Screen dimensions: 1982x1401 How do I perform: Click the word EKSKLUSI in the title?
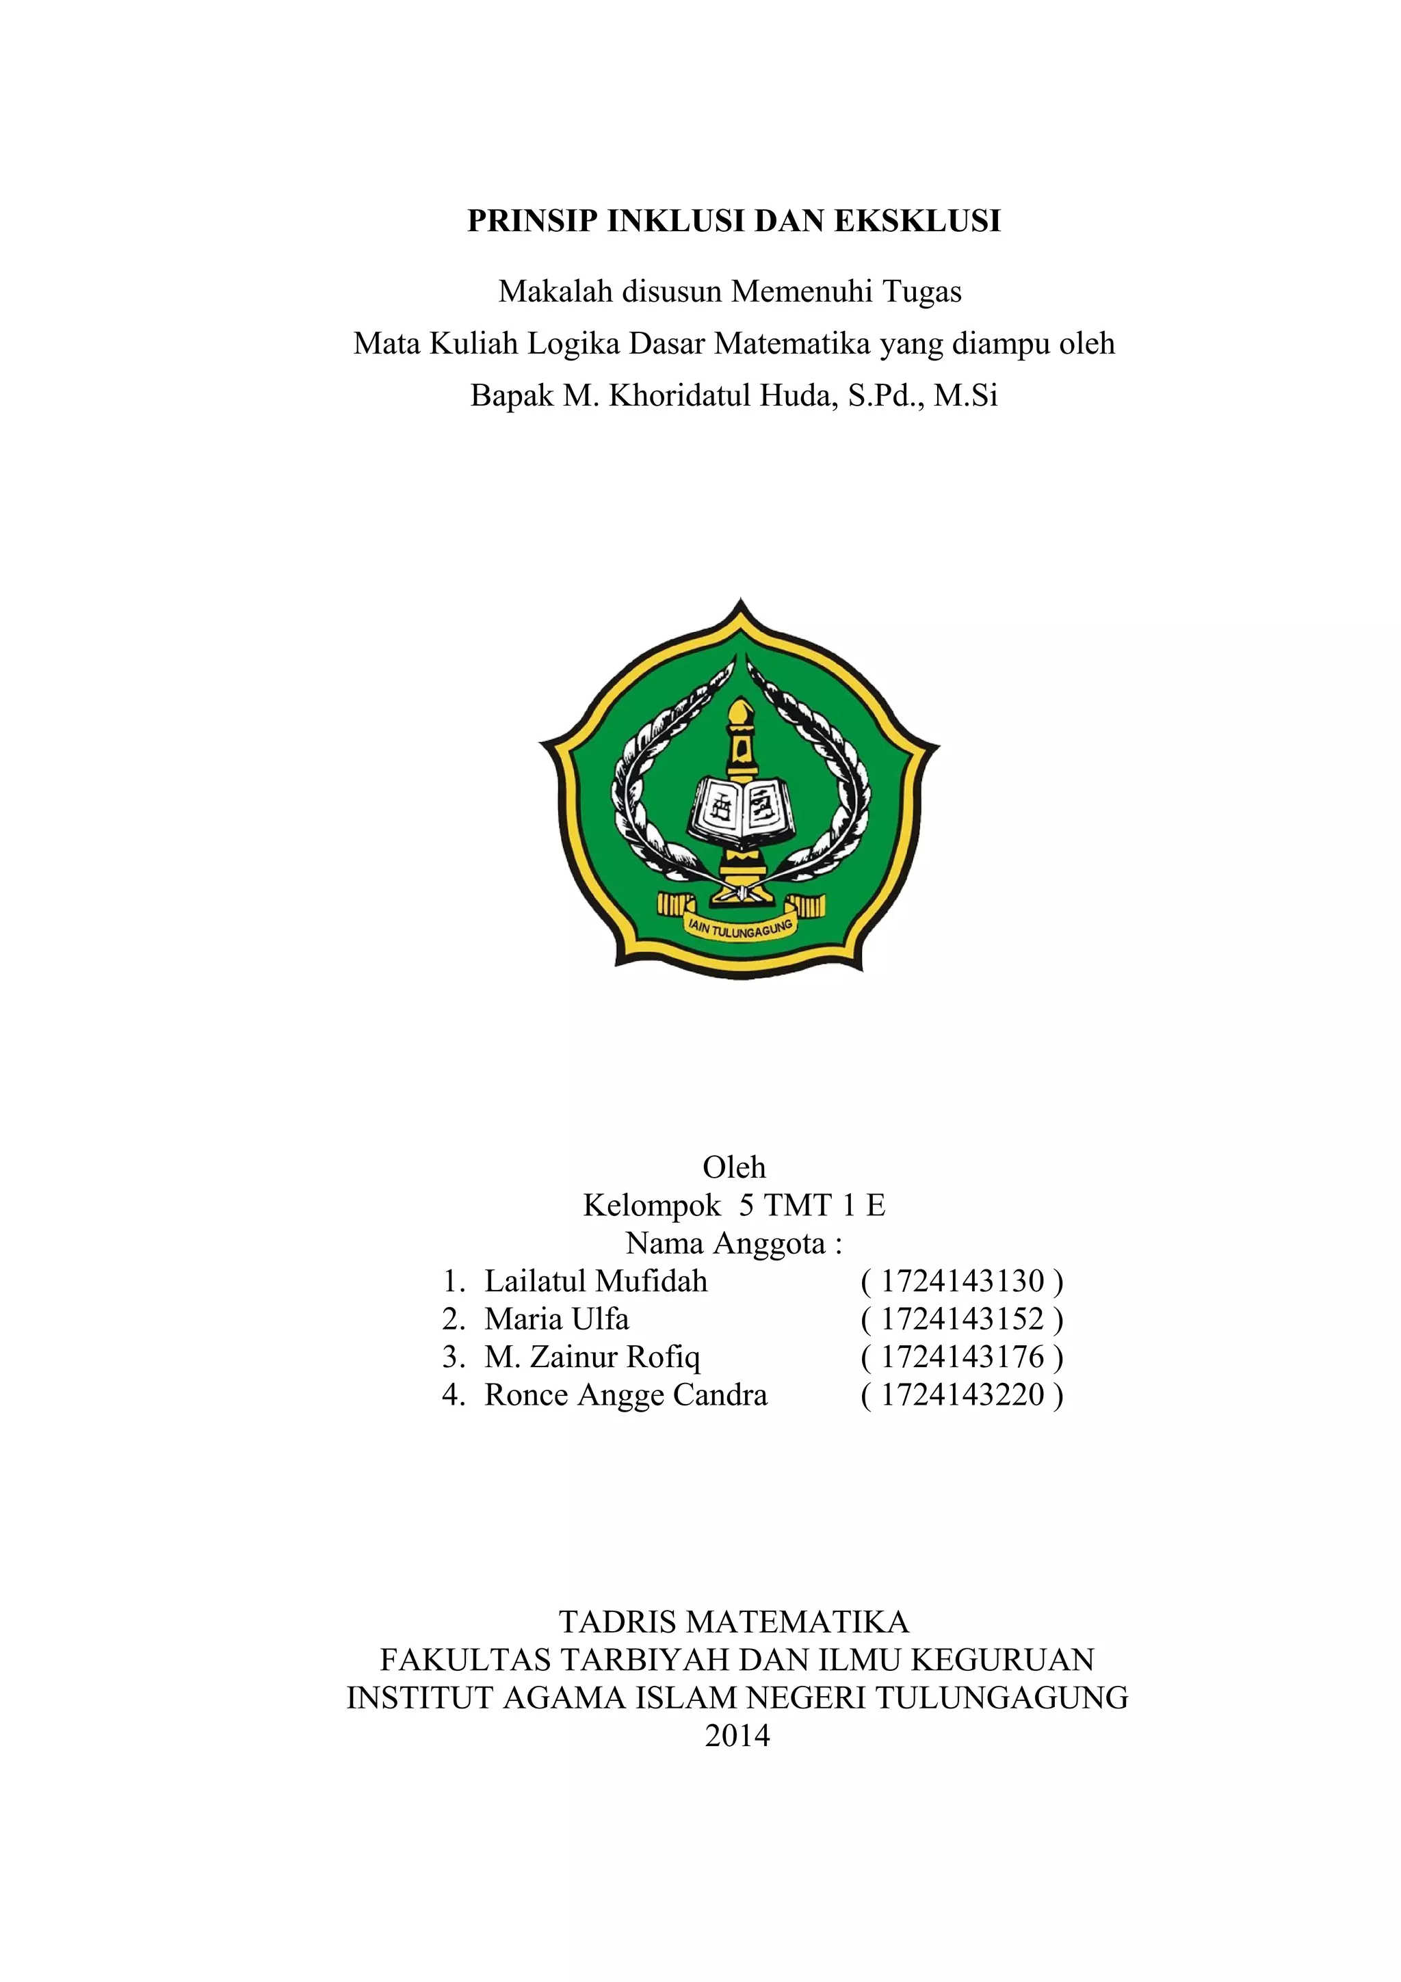917,222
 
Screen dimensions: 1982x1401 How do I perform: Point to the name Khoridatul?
679,395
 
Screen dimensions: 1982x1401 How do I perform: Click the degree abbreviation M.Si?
966,395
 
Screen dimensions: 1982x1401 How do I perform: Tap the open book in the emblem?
742,810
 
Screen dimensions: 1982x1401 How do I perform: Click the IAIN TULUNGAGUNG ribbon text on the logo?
739,929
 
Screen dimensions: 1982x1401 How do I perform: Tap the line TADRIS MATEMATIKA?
734,1622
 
